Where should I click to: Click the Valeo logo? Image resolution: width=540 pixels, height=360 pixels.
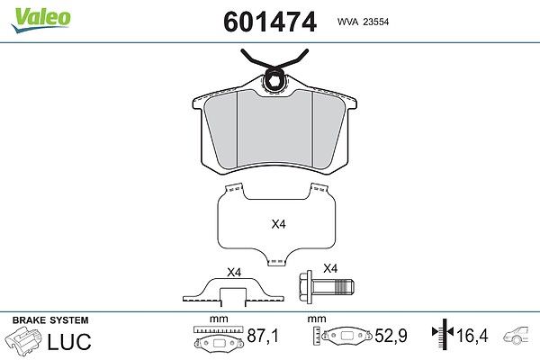point(40,20)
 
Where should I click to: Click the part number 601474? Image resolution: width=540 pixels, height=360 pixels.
point(270,22)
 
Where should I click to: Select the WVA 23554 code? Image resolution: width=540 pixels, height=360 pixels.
point(363,22)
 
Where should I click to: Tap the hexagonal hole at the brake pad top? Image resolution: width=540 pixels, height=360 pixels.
point(274,83)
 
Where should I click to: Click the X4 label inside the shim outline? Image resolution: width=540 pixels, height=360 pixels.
point(279,224)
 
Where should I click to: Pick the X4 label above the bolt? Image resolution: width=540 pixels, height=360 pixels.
point(330,268)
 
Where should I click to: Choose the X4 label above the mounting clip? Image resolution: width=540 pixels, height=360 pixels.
point(234,273)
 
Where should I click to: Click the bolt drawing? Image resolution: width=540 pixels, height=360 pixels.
point(327,287)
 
